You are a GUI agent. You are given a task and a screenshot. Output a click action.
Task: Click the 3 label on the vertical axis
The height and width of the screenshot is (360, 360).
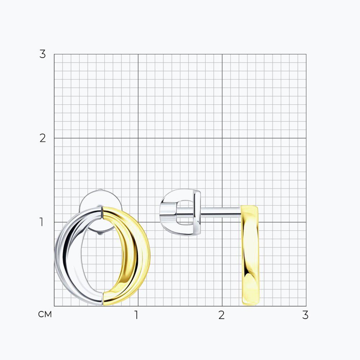pyautogui.click(x=42, y=54)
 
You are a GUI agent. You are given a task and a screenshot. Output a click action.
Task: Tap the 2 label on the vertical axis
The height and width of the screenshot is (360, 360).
pyautogui.click(x=43, y=138)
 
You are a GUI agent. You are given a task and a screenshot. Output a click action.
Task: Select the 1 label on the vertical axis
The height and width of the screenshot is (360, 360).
pyautogui.click(x=41, y=222)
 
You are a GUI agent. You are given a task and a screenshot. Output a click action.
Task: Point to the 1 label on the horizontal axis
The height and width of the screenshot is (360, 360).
pyautogui.click(x=136, y=315)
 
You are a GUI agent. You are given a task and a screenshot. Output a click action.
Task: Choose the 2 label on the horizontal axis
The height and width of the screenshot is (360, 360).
pyautogui.click(x=221, y=315)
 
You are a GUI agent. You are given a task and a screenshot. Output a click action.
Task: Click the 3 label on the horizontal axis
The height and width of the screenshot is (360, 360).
pyautogui.click(x=305, y=315)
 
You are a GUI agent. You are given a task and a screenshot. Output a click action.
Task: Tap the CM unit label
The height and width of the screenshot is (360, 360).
pyautogui.click(x=45, y=314)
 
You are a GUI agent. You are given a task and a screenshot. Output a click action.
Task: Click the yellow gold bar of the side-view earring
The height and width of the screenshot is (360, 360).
pyautogui.click(x=250, y=255)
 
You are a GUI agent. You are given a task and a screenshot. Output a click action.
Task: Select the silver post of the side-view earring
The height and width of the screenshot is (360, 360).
pyautogui.click(x=220, y=212)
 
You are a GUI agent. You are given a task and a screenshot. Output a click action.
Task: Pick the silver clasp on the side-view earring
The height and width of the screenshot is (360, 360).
pyautogui.click(x=181, y=212)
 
